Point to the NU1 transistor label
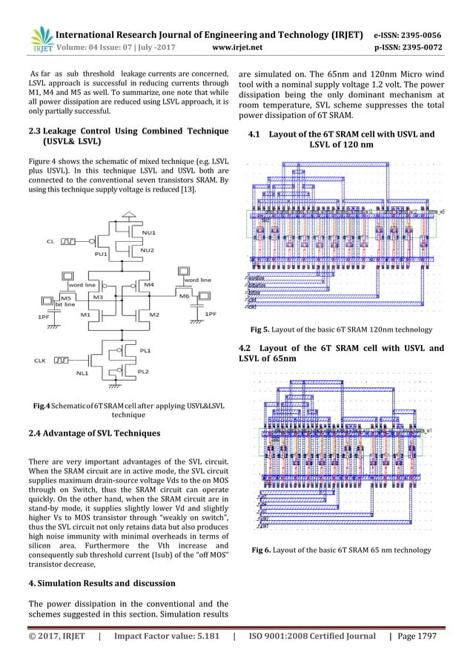[x=148, y=232]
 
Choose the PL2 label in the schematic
[x=145, y=370]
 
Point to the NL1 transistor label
[x=82, y=373]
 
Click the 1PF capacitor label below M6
[x=211, y=315]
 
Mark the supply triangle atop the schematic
[x=130, y=215]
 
